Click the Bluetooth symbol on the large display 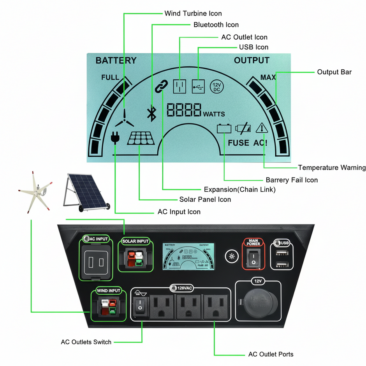point(151,113)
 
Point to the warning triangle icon point(261,128)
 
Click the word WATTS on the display point(214,114)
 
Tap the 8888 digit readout point(184,110)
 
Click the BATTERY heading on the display point(116,60)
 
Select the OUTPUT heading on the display point(252,60)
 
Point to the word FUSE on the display point(238,143)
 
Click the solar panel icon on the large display point(141,137)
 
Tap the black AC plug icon point(115,137)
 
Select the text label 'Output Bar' point(334,72)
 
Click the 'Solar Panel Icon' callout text point(205,199)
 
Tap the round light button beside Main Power point(232,257)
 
